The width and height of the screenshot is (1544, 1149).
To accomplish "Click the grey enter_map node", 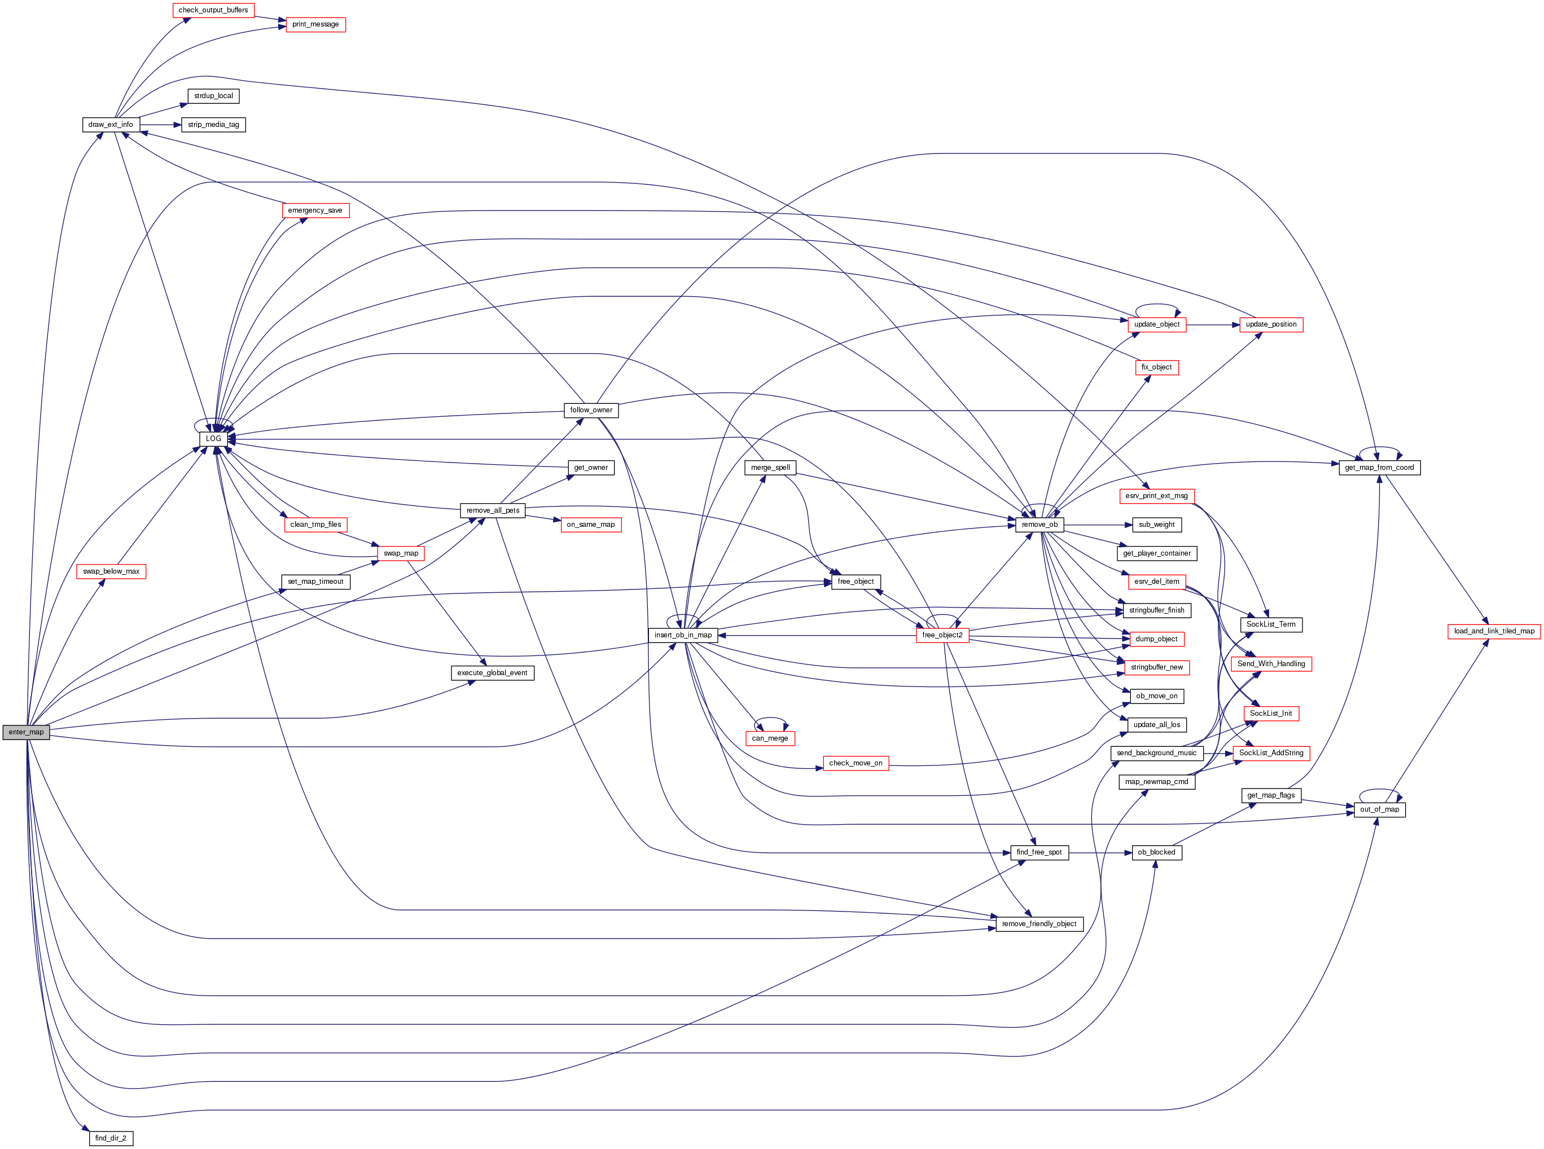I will (x=26, y=732).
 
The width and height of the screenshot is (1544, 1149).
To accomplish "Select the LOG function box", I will (x=213, y=439).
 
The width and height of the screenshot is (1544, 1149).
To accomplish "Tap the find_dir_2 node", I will (x=111, y=1138).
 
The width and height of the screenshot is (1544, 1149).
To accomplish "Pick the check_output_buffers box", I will (x=213, y=10).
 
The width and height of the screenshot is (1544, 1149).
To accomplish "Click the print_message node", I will (x=315, y=24).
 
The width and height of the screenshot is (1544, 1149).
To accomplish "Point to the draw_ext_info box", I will (x=111, y=125).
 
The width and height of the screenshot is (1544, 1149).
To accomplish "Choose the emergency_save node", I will (x=315, y=210).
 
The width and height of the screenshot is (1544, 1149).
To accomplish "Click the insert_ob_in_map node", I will (x=683, y=635).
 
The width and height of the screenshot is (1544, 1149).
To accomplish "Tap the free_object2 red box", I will (x=942, y=635).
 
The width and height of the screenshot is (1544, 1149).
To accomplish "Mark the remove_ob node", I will (x=1039, y=525).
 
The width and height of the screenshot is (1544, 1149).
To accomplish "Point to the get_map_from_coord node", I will (x=1379, y=468).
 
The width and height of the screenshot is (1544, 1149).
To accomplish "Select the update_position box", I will (x=1270, y=324).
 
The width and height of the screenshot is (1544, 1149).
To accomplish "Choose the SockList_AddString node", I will (x=1270, y=752).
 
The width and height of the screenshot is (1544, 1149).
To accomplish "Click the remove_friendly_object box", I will (x=1039, y=923).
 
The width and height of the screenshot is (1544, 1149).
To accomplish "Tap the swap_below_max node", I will (x=111, y=571).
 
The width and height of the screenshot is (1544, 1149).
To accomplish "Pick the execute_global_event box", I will (x=492, y=672).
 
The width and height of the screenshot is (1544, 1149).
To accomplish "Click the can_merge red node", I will (x=770, y=738).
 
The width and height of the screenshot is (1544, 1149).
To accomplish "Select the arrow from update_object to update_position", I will (x=1212, y=324).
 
